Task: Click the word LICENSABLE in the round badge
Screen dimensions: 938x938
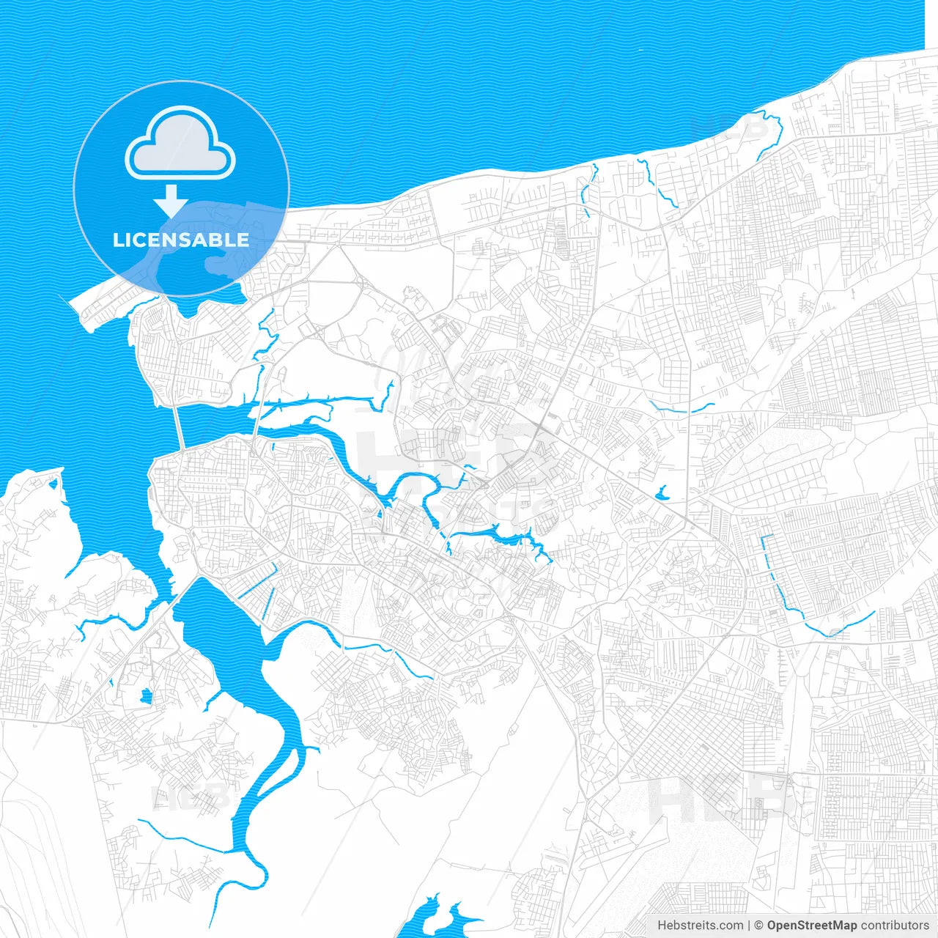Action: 181,240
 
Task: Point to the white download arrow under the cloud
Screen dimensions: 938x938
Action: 171,201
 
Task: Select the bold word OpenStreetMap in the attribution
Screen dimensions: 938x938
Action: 811,926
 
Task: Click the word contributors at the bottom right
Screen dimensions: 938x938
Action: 895,926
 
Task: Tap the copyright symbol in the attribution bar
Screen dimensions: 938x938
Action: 758,926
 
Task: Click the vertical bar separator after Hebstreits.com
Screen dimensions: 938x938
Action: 748,926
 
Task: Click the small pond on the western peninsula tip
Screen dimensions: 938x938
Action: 53,483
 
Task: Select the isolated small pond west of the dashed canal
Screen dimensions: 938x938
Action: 661,494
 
